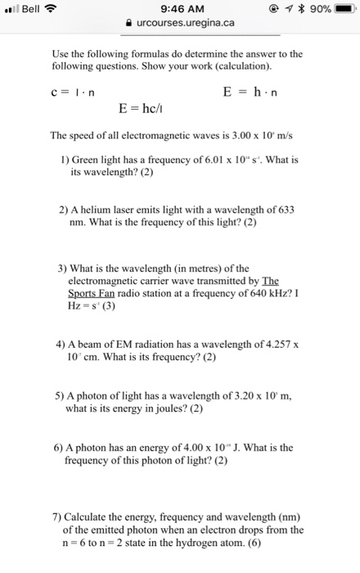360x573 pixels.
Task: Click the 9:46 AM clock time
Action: pos(178,9)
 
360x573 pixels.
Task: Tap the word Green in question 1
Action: pos(86,160)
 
